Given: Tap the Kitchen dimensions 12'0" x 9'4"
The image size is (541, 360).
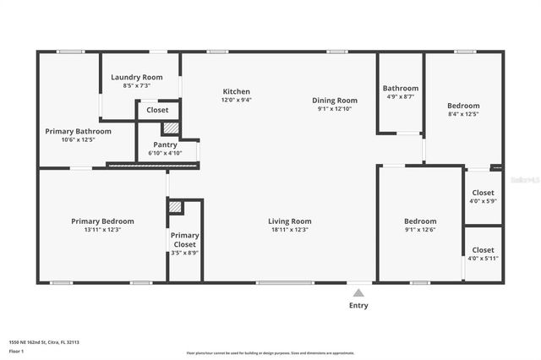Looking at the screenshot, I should pyautogui.click(x=236, y=100).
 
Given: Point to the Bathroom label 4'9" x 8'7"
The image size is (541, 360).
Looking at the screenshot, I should pyautogui.click(x=400, y=88).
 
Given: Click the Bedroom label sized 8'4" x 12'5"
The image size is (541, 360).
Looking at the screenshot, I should pyautogui.click(x=463, y=106).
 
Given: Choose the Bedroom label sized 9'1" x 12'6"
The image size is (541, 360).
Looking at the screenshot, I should pyautogui.click(x=420, y=221).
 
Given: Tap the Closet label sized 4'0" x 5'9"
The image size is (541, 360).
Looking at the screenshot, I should pyautogui.click(x=483, y=193).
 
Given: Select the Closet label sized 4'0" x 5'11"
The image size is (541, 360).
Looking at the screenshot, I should pyautogui.click(x=483, y=250).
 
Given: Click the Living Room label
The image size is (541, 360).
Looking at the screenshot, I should pyautogui.click(x=290, y=221).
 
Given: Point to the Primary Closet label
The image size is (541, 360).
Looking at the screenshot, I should pyautogui.click(x=184, y=240).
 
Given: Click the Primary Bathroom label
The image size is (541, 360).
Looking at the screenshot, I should pyautogui.click(x=78, y=132).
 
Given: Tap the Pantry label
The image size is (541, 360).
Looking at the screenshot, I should pyautogui.click(x=165, y=145).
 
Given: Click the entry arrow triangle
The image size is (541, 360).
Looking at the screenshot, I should pyautogui.click(x=358, y=292).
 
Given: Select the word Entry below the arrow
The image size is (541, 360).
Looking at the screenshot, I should pyautogui.click(x=358, y=305).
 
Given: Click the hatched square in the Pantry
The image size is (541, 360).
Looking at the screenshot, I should pyautogui.click(x=171, y=128).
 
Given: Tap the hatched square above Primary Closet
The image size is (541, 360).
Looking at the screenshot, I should pyautogui.click(x=176, y=206).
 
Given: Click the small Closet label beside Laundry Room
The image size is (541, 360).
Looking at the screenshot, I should pyautogui.click(x=157, y=110).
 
